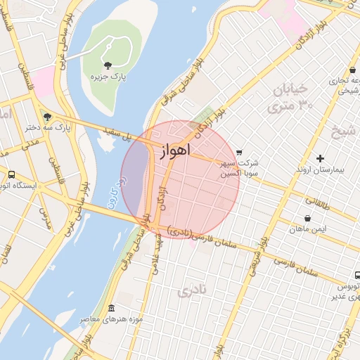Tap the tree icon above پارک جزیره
point(107,65)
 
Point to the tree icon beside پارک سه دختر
point(47,117)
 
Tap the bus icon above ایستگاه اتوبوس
point(11,174)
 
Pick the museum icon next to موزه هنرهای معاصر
point(111,309)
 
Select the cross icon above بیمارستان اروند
point(321,159)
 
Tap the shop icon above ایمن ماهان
point(308,219)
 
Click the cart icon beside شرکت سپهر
point(240,152)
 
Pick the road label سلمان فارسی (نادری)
point(203,236)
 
